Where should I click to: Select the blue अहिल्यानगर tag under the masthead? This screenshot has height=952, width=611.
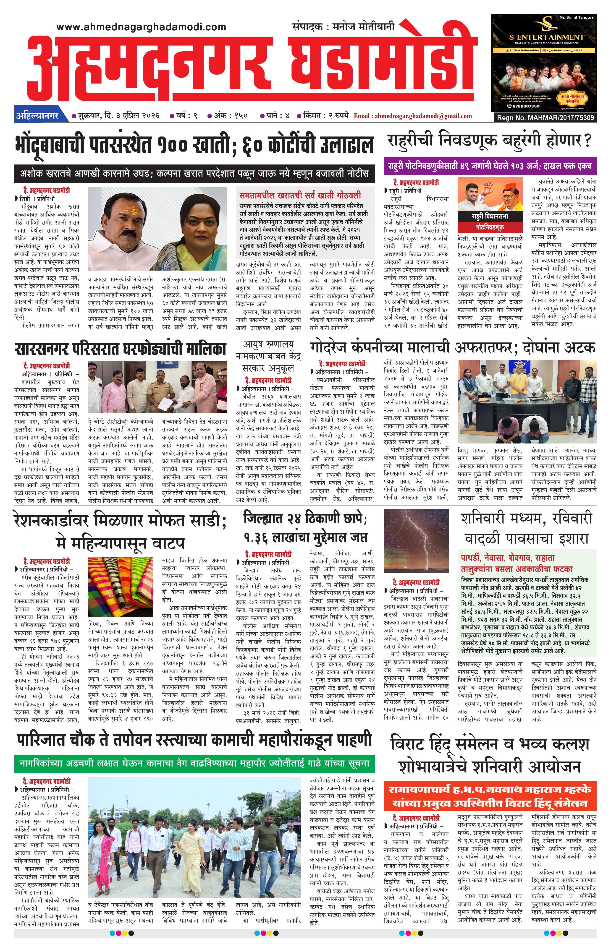coord(37,116)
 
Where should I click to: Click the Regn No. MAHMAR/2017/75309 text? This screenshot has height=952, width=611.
coord(545,117)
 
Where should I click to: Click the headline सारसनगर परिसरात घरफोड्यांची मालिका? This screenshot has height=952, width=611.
coord(121,349)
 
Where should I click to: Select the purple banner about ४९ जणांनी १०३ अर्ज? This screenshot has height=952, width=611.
coord(490,166)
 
